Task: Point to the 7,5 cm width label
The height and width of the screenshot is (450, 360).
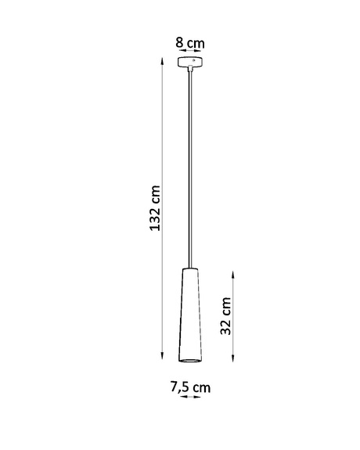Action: pos(190,387)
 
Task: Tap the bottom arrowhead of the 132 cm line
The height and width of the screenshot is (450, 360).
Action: pos(162,362)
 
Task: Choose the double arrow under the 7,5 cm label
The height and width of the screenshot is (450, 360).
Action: pos(189,398)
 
